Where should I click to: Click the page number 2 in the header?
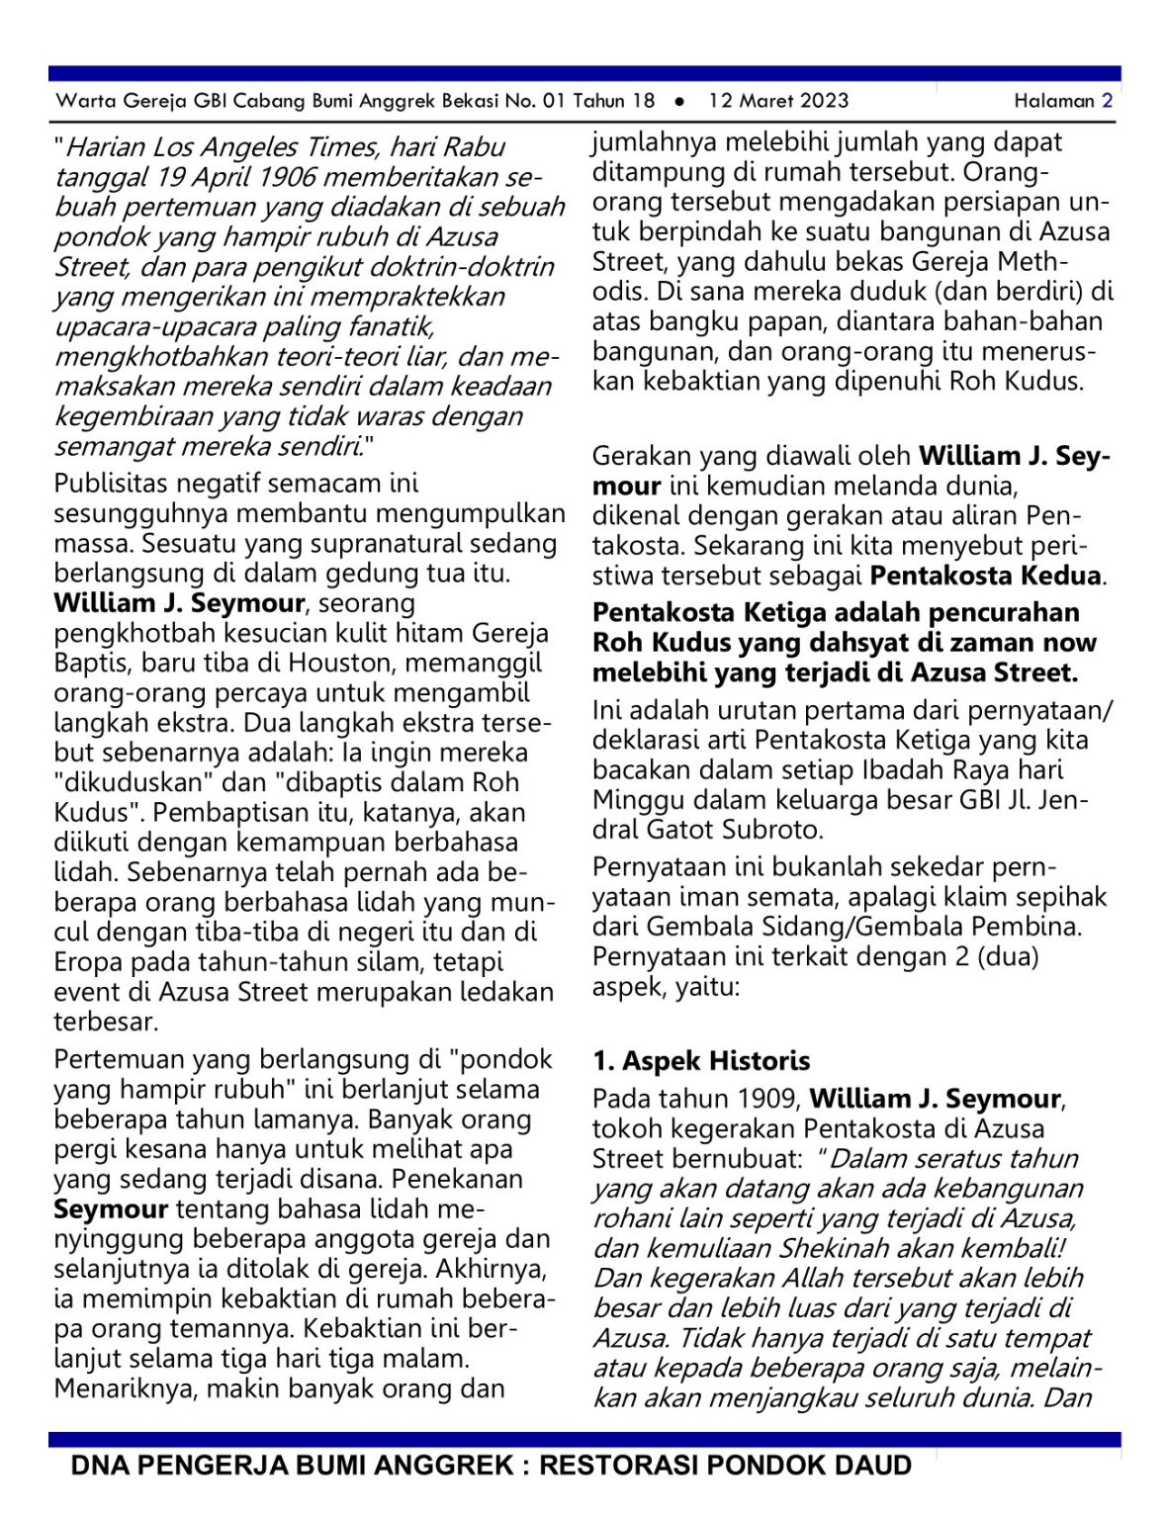1107,101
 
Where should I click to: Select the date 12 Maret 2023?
778,101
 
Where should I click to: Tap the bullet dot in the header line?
679,101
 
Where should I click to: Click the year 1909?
769,1099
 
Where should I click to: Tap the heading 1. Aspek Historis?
701,1061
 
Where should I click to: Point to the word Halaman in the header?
1053,101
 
